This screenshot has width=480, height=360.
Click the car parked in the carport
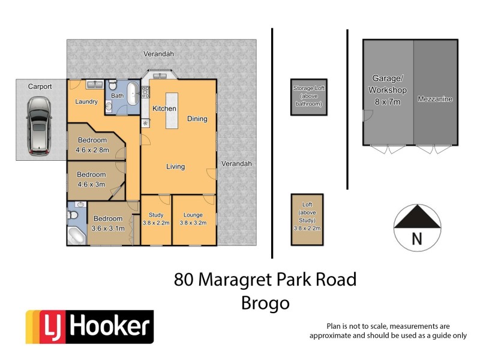pos(38,124)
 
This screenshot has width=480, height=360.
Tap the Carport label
pos(40,86)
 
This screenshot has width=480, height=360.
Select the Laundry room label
pos(86,102)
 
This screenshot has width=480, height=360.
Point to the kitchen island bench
pos(173,110)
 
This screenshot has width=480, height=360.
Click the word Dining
pos(197,119)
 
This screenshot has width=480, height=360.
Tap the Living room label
pos(175,167)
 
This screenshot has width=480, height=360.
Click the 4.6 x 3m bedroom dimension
pos(91,184)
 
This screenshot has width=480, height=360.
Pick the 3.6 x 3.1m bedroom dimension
pos(108,228)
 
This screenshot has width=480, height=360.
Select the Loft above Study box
pos(307,219)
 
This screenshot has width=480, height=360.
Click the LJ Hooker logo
pos(89,327)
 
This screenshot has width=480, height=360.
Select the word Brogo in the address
pos(265,303)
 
